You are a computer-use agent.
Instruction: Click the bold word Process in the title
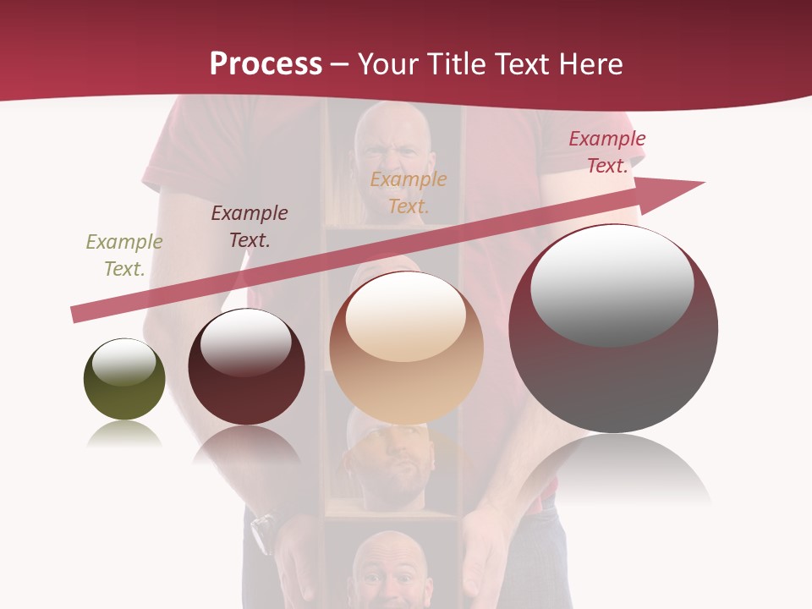(x=266, y=63)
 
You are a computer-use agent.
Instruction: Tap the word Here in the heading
(x=592, y=63)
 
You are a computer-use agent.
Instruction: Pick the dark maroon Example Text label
(x=250, y=226)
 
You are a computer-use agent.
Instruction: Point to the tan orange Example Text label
(x=409, y=192)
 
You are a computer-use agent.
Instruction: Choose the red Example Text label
(x=607, y=152)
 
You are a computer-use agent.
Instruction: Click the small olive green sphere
(x=124, y=380)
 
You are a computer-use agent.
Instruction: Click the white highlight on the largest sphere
(x=612, y=284)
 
